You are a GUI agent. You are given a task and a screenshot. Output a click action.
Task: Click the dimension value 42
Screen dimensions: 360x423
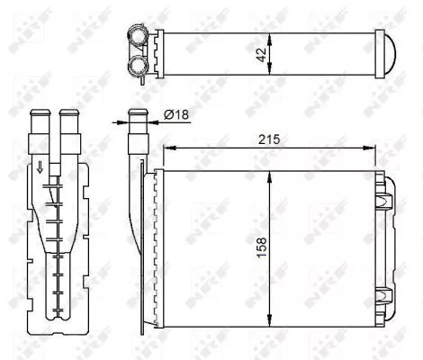click(261, 53)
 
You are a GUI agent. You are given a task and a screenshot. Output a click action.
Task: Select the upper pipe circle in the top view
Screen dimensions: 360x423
click(139, 36)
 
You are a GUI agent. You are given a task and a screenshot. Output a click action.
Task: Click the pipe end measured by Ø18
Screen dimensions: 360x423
click(138, 117)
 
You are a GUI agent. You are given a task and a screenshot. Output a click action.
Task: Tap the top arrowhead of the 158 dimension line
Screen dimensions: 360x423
click(271, 173)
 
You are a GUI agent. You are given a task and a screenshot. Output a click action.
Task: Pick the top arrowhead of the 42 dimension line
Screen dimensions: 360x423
click(271, 33)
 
